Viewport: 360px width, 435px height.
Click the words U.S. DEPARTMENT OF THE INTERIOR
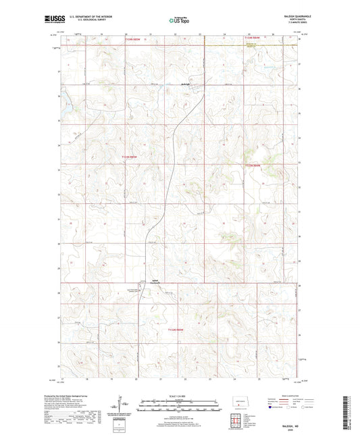point(84,17)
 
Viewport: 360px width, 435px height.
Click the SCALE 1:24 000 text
point(179,395)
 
